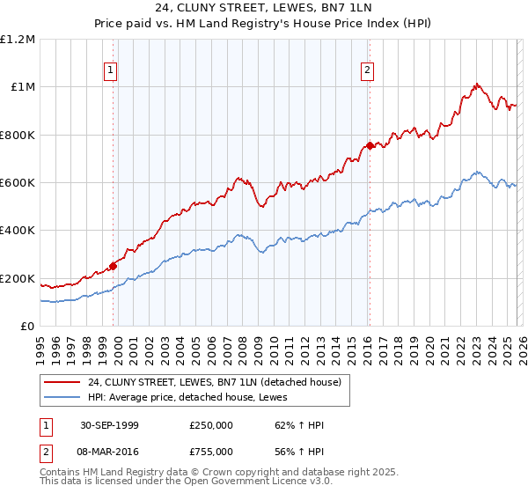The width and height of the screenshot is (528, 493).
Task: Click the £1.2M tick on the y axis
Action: point(18,39)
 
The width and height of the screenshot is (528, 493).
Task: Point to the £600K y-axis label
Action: point(18,183)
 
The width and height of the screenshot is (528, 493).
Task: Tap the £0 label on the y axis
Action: point(28,327)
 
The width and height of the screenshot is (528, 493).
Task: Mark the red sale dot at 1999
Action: point(114,266)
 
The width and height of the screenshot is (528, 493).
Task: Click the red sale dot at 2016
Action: point(370,145)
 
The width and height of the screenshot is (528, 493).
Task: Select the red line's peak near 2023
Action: point(476,85)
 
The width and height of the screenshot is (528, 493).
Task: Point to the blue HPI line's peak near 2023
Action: point(476,172)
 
